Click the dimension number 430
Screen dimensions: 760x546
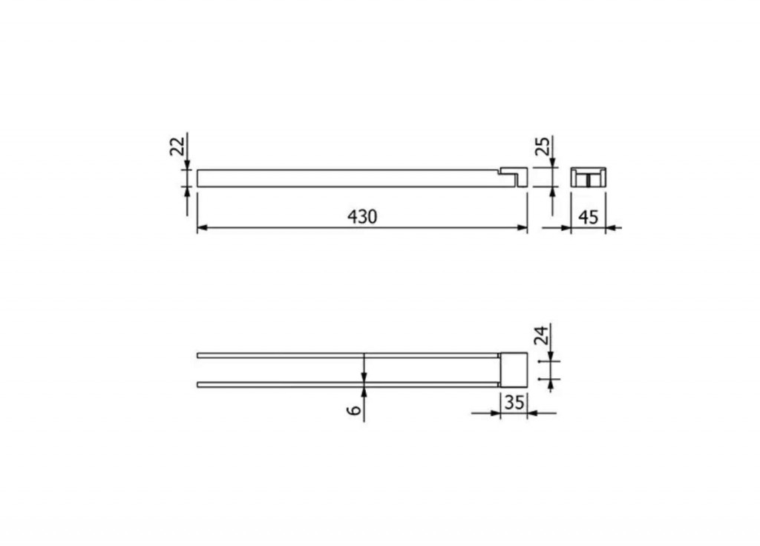tap(362, 216)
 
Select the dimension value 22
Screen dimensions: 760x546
tap(177, 146)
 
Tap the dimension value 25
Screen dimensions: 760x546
tap(543, 146)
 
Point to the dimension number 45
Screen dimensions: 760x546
tap(589, 217)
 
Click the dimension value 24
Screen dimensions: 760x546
tap(541, 335)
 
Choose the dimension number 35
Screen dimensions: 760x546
tap(514, 403)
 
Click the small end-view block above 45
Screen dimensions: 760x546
tap(588, 177)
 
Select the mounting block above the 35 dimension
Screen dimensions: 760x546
tap(514, 370)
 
